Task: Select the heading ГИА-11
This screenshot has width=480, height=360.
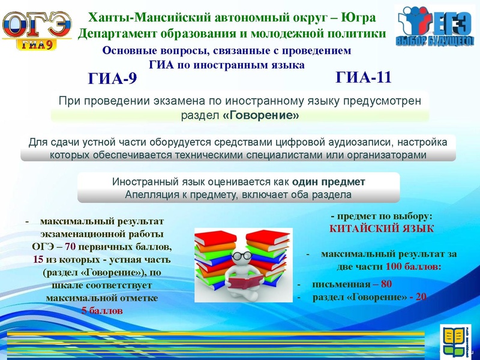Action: (364, 77)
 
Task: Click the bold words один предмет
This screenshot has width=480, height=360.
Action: (329, 182)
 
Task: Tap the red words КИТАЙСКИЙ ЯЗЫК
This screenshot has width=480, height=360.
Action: (382, 229)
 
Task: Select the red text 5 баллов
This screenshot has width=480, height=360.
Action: (102, 311)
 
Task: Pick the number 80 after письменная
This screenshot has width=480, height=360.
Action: (386, 284)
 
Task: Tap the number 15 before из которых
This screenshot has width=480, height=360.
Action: (38, 259)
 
